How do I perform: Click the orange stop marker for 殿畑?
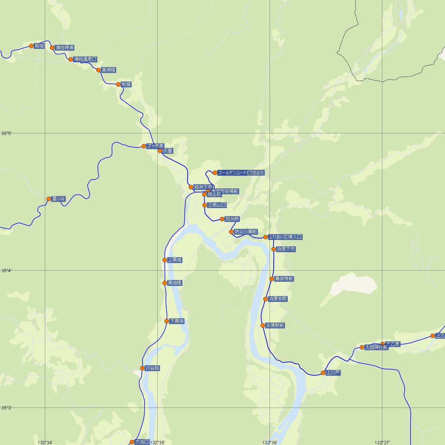click(32, 46)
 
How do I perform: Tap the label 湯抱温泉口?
click(85, 59)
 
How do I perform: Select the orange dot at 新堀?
click(118, 85)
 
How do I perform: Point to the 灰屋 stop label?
click(168, 151)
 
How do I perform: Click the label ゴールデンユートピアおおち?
click(241, 173)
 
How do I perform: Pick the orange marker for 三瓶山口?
click(204, 205)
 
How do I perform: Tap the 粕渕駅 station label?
click(232, 219)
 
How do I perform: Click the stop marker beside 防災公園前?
click(231, 232)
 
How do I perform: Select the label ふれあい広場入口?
click(285, 237)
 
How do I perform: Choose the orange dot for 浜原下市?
click(274, 249)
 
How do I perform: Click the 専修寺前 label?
click(284, 279)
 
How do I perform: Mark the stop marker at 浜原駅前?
click(263, 326)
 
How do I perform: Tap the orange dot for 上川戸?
click(323, 373)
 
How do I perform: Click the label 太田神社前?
click(376, 347)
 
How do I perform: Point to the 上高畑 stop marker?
click(165, 260)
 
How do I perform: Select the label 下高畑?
click(177, 321)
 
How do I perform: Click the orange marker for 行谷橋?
click(142, 368)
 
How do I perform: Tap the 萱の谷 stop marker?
click(49, 199)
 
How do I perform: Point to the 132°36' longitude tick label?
click(270, 442)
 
